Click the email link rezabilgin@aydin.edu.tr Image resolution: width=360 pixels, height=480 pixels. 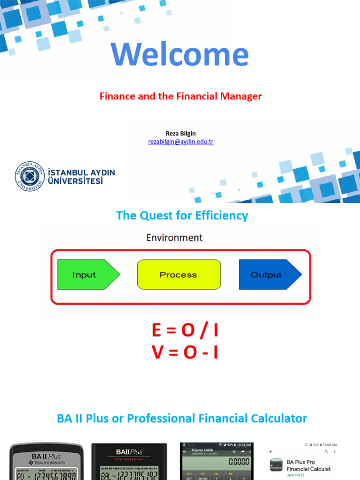point(180,142)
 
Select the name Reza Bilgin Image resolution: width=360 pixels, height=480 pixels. point(180,134)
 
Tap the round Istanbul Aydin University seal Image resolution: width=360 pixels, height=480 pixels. point(29,176)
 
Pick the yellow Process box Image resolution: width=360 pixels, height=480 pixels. point(178,275)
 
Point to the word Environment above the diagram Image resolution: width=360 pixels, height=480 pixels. point(174,238)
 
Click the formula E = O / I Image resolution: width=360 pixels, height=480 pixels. point(185,331)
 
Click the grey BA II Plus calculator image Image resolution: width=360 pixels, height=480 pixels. point(46,461)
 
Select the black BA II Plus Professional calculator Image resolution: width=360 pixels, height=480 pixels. point(129,461)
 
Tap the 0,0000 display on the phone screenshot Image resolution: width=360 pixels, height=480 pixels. point(238,462)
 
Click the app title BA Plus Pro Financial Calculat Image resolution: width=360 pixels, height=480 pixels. point(309,465)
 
